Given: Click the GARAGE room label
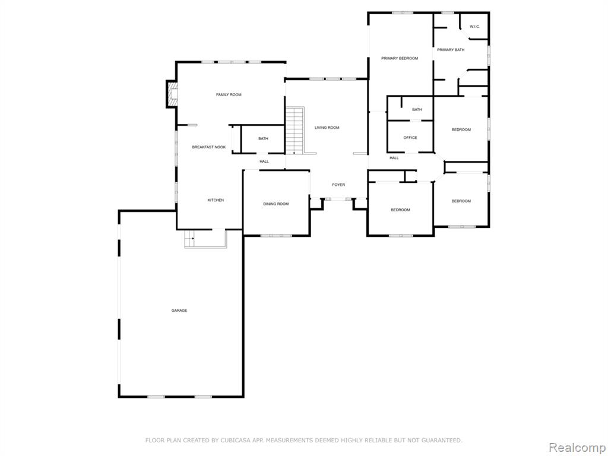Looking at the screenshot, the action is [179, 311].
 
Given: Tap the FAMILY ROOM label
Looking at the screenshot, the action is [229, 94].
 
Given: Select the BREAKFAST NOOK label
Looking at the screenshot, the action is [209, 147].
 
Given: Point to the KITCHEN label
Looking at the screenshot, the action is [216, 200].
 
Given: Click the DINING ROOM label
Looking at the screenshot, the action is [276, 204].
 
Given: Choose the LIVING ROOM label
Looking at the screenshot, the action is [327, 128].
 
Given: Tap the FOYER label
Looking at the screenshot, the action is [338, 185].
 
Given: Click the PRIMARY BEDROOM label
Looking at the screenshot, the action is [400, 59].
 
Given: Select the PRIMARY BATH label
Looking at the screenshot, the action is [451, 50].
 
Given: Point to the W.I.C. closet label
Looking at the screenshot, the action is [474, 27].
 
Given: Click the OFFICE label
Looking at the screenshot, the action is [410, 138].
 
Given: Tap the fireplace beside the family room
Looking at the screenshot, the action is [172, 94].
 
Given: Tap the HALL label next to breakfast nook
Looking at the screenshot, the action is [264, 161].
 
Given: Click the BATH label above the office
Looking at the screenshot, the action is [417, 110].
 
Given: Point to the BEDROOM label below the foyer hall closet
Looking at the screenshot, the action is [400, 210].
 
